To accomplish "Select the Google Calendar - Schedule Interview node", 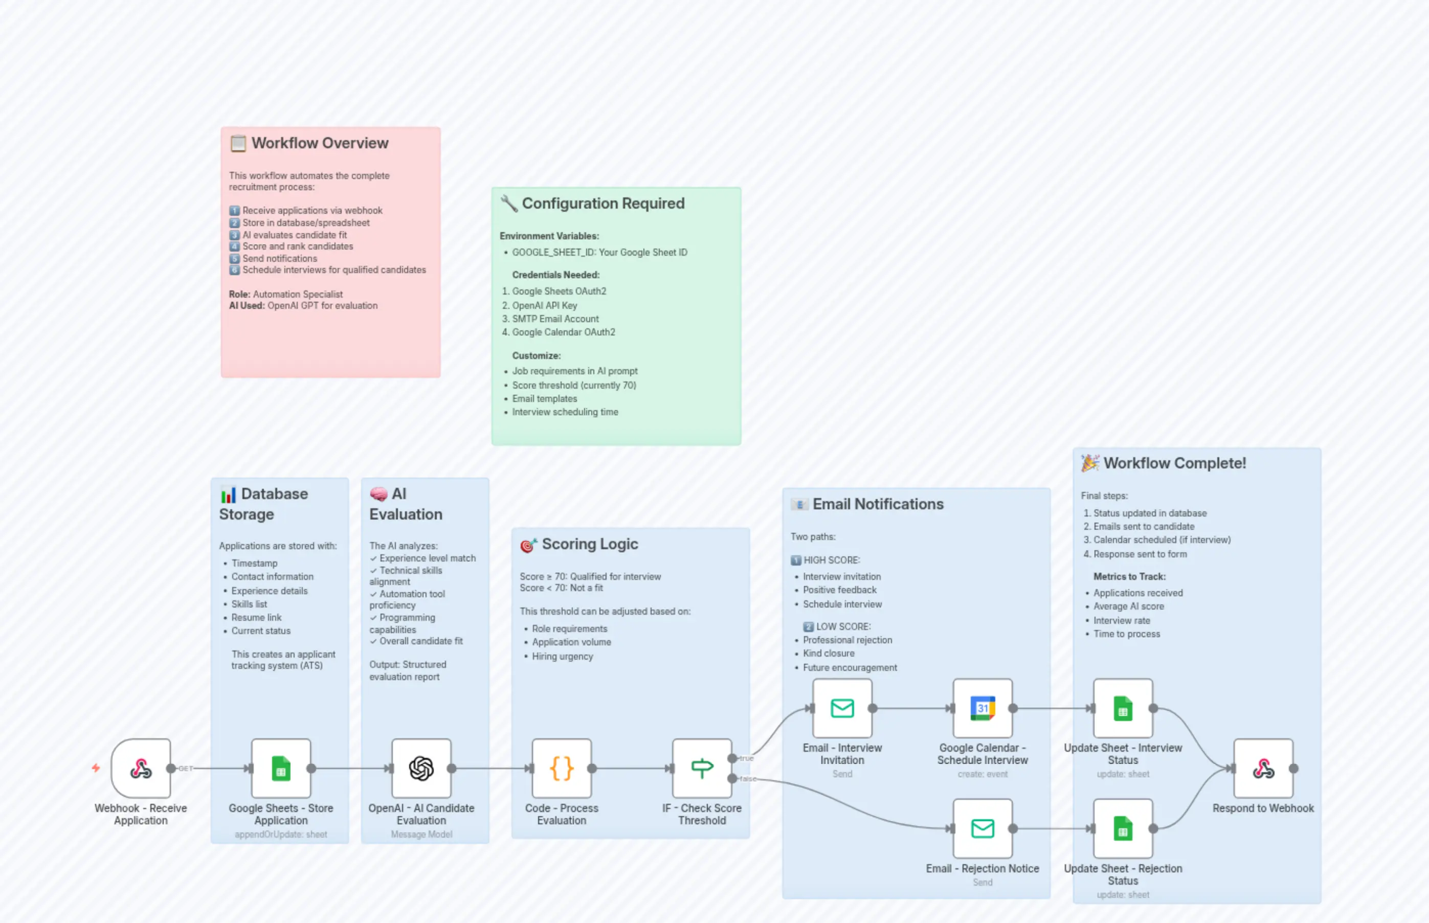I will [982, 708].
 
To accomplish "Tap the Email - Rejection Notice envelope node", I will [982, 828].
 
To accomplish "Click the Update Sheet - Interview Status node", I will [1122, 708].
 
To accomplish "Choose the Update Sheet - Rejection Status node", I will [1122, 828].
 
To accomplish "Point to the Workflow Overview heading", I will [320, 143].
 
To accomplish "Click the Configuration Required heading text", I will [602, 204].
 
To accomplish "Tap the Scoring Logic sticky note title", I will [589, 544].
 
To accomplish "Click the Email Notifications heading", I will [878, 504].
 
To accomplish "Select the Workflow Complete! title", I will [1174, 463].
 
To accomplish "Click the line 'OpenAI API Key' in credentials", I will [544, 305].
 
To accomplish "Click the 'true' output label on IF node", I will [746, 758].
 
